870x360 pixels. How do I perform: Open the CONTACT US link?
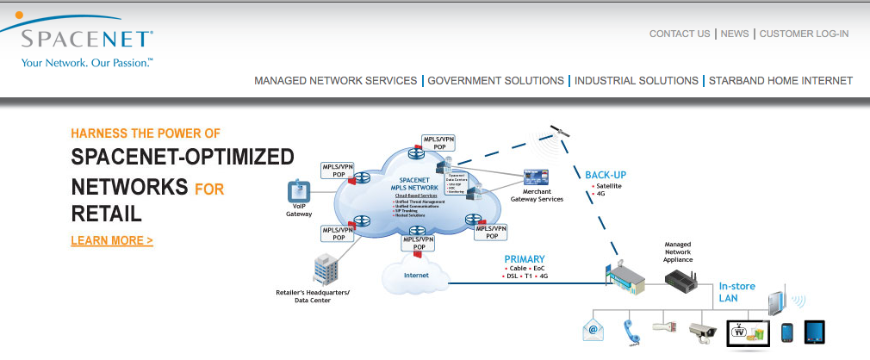coord(680,34)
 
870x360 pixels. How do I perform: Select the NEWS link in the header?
coord(735,34)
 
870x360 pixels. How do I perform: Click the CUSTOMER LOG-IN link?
coord(805,34)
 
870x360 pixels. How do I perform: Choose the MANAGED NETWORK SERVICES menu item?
coord(335,80)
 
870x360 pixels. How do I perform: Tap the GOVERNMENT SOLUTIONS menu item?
coord(496,80)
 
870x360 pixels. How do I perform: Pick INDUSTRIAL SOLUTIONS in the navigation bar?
coord(637,80)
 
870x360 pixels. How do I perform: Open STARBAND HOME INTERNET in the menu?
coord(780,80)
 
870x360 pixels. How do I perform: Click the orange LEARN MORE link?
coord(112,240)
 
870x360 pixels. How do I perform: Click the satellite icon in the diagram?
coord(561,133)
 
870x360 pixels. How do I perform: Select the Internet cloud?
coord(416,274)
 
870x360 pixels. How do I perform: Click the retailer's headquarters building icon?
coord(326,269)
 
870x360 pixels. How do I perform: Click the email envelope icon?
coord(594,329)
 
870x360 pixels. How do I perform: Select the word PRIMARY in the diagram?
coord(525,258)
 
